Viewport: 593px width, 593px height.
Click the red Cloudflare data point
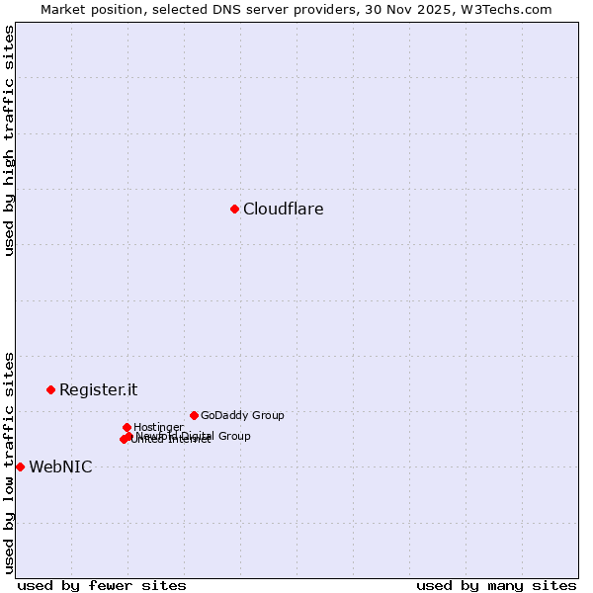[x=234, y=209]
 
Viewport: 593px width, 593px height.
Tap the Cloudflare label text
[x=283, y=209]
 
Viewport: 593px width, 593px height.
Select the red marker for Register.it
[x=50, y=389]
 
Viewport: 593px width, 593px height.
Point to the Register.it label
[x=98, y=389]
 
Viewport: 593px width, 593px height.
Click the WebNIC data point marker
[x=20, y=466]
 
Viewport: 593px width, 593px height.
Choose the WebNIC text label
[x=60, y=466]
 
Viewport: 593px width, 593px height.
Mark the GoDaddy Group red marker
[x=194, y=415]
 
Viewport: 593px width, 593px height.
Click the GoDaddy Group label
[x=242, y=415]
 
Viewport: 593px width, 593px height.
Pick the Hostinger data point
[x=127, y=427]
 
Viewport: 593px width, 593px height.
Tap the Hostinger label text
[x=158, y=427]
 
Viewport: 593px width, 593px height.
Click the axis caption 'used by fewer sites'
[x=102, y=585]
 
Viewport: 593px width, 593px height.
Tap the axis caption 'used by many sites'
[x=496, y=585]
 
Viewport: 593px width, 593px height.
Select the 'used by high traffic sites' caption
[x=10, y=140]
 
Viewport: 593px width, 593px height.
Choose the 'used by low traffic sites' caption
[x=10, y=463]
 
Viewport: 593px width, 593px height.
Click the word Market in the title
[x=64, y=10]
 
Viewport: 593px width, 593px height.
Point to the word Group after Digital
[x=232, y=436]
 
